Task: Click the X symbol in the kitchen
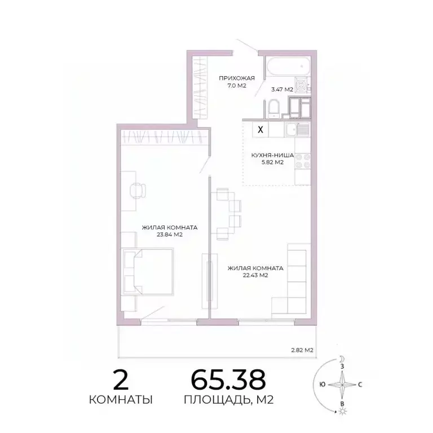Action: coord(260,129)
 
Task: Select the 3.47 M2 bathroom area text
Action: coord(281,89)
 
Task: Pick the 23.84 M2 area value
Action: coord(169,235)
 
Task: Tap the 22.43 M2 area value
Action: coord(255,275)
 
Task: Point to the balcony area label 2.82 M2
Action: coord(302,350)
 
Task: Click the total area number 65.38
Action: coord(228,381)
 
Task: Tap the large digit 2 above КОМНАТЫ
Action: coord(121,381)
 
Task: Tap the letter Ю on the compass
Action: coord(321,385)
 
